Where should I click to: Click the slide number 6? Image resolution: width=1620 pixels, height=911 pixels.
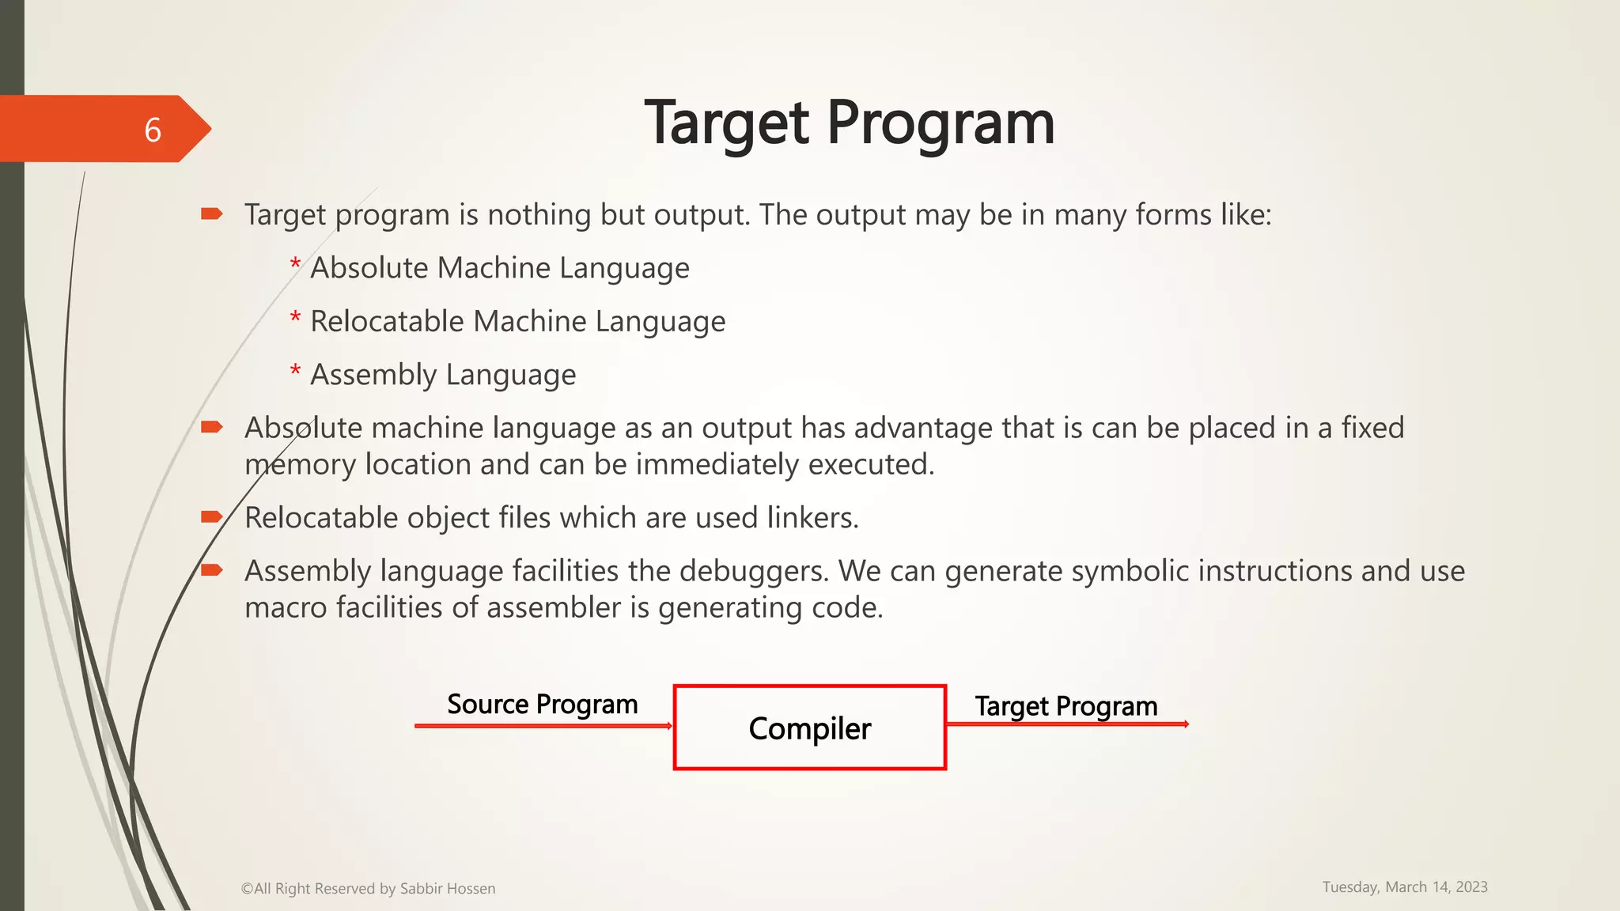tap(153, 130)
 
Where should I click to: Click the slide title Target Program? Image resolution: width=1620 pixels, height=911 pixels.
tap(850, 123)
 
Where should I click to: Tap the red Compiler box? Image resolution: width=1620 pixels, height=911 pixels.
tap(809, 728)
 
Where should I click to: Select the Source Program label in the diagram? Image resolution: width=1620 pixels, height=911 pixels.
tap(542, 704)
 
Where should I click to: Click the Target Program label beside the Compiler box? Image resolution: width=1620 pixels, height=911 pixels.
tap(1065, 705)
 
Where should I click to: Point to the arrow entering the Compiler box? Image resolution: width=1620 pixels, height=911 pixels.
tap(543, 725)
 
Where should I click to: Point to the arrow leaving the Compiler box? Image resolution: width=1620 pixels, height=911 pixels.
tap(1067, 724)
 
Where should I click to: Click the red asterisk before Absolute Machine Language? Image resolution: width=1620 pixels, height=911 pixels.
tap(295, 264)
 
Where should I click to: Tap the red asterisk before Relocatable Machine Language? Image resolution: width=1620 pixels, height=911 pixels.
tap(295, 318)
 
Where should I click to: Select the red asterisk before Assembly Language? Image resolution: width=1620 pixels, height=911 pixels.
tap(295, 371)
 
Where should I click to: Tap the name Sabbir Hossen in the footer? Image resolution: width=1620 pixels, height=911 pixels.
tap(448, 888)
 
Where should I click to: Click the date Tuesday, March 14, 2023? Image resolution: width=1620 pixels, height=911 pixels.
tap(1405, 886)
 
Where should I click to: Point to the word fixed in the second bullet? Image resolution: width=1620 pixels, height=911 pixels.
tap(1372, 428)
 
